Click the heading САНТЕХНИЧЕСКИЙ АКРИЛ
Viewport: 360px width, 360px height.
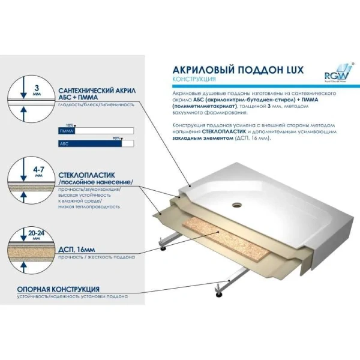click(93, 89)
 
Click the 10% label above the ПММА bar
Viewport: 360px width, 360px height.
click(70, 125)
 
